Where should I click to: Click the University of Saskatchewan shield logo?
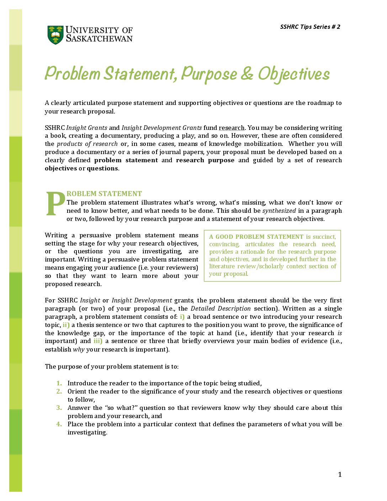[55, 35]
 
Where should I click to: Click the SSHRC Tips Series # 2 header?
[310, 27]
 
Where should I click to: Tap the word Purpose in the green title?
[209, 74]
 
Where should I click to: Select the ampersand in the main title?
[247, 73]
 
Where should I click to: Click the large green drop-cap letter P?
[55, 204]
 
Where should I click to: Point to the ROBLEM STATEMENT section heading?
[104, 194]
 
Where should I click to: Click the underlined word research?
[232, 128]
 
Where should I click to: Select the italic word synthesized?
[279, 211]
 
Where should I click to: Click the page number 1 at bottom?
[340, 474]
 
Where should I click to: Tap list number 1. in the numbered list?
[59, 383]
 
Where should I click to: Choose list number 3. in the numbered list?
[59, 408]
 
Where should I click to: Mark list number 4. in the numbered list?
[59, 424]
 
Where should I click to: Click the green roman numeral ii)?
[66, 325]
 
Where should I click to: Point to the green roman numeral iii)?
[98, 341]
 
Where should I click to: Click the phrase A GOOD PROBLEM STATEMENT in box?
[256, 237]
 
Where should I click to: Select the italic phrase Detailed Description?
[221, 308]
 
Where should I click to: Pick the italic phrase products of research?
[87, 144]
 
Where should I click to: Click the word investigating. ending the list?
[87, 432]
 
